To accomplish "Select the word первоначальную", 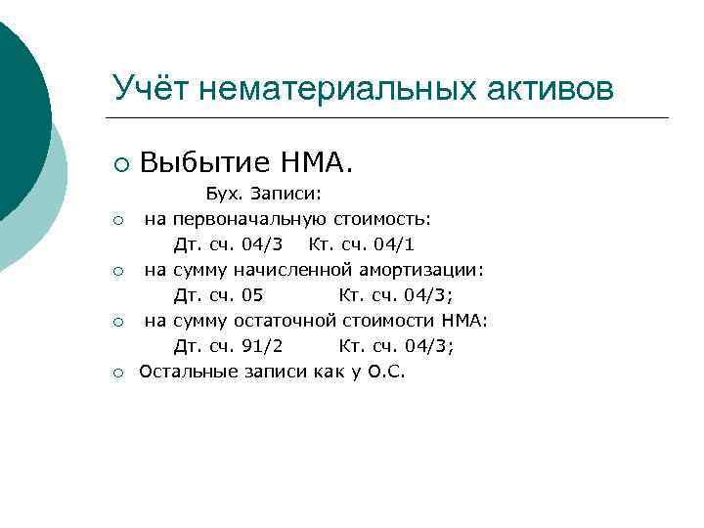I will [251, 218].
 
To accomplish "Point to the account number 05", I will [251, 295].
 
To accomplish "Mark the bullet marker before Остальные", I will [117, 373].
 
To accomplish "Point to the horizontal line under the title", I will [391, 118].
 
